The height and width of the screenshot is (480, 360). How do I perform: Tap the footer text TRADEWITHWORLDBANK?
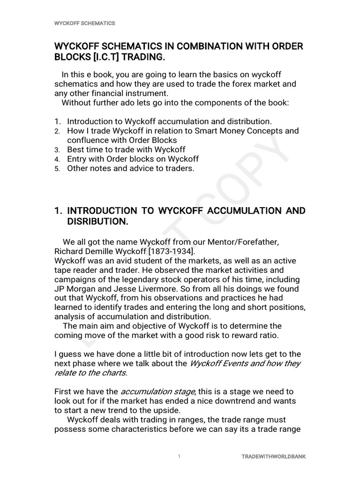pyautogui.click(x=273, y=456)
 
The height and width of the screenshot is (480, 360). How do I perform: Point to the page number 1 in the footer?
pyautogui.click(x=179, y=456)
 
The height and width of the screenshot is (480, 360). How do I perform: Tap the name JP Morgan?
pyautogui.click(x=78, y=289)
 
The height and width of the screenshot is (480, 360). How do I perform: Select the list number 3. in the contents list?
pyautogui.click(x=57, y=150)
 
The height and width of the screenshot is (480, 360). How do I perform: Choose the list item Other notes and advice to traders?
pyautogui.click(x=130, y=168)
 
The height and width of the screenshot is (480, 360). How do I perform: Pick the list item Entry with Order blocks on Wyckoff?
pyautogui.click(x=133, y=159)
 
